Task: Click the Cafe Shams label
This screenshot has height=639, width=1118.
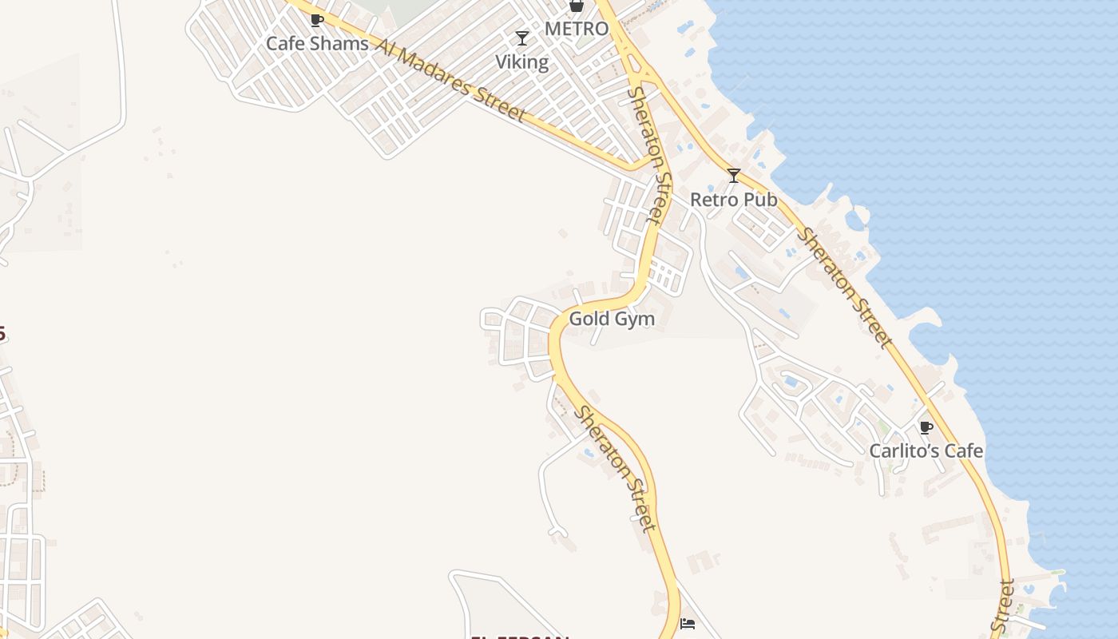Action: tap(317, 43)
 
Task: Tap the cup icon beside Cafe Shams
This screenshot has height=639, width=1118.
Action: tap(316, 20)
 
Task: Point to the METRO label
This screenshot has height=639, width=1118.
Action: tap(576, 29)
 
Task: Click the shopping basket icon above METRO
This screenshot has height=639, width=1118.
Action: tap(576, 6)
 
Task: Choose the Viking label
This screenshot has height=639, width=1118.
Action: tap(521, 62)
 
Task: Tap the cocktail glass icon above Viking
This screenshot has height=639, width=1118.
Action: tap(522, 38)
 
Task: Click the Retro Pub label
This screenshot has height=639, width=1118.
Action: tap(733, 200)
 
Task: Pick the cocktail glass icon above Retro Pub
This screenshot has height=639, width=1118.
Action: tap(734, 176)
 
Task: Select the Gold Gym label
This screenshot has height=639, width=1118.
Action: tap(612, 319)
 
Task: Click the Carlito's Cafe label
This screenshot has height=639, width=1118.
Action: tap(926, 450)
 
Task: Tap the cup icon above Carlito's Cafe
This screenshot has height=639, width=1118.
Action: tap(926, 427)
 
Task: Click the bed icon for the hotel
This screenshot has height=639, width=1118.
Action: tap(688, 623)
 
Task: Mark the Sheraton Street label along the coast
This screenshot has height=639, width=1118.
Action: tap(845, 288)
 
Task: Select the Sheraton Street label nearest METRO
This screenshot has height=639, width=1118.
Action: tap(648, 155)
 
